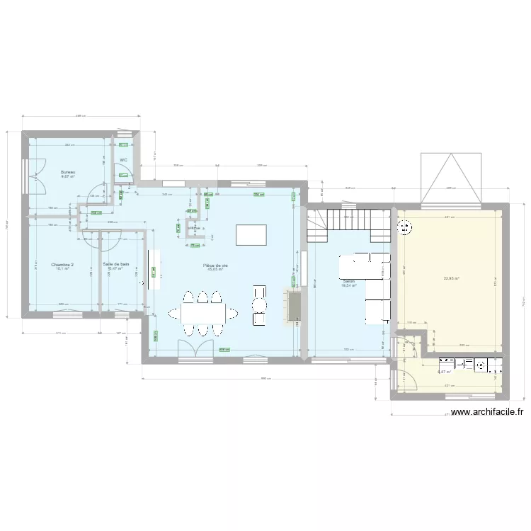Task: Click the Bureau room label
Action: pos(68,172)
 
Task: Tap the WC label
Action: pos(123,160)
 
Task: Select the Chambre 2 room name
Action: pos(62,264)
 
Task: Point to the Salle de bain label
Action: pos(115,264)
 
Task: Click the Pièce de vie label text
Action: pos(215,265)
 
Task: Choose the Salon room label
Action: pos(348,280)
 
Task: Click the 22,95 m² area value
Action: pos(451,278)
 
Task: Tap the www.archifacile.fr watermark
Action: pos(486,412)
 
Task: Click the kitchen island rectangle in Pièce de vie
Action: pos(251,234)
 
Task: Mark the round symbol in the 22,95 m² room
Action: pos(406,227)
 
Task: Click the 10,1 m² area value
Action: pos(62,269)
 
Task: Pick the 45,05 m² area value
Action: pos(215,270)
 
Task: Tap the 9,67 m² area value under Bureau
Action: pos(68,177)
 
